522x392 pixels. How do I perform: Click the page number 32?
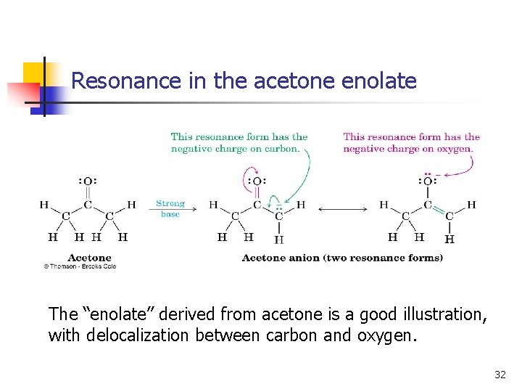500,375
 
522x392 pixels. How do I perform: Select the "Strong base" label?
170,209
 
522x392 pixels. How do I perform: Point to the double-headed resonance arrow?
343,210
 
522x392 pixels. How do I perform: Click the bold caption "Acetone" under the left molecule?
89,257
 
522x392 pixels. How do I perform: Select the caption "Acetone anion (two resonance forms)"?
342,258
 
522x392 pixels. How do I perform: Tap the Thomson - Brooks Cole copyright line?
80,266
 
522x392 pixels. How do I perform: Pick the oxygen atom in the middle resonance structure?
257,181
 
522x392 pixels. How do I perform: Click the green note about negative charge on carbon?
239,142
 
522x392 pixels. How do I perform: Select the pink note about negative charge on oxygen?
411,142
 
